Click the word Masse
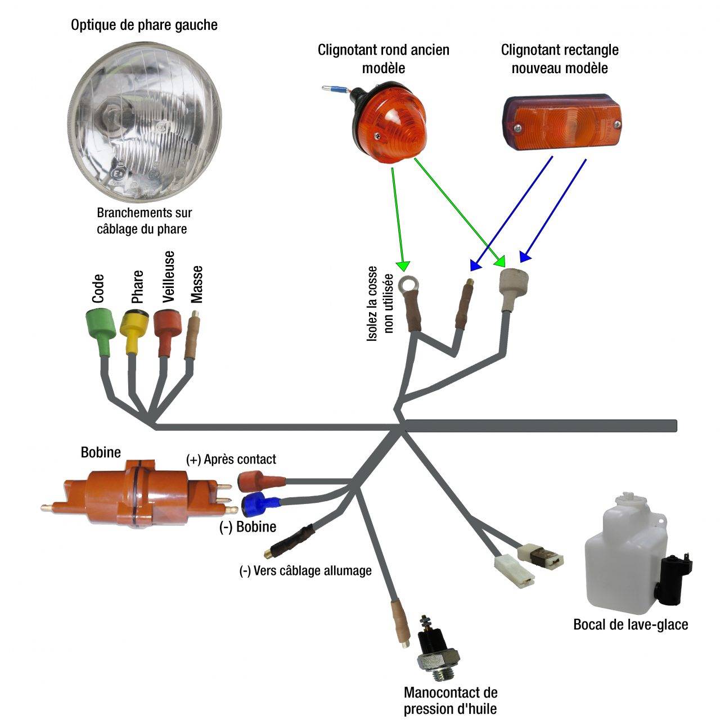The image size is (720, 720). tap(197, 284)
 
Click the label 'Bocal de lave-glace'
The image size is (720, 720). tap(631, 624)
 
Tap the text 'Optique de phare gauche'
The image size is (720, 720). tap(144, 25)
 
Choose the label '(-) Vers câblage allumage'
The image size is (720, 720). tap(305, 571)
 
